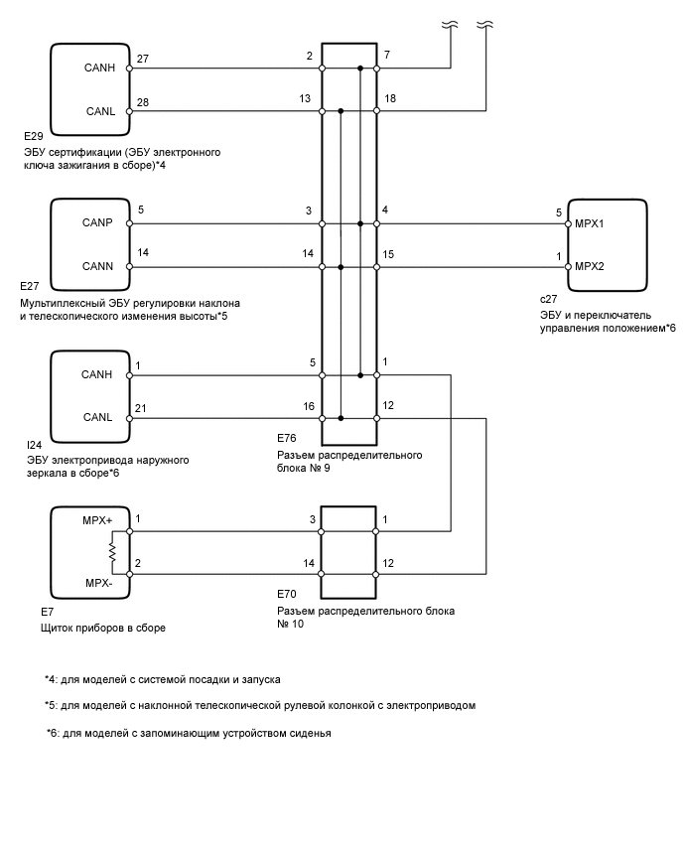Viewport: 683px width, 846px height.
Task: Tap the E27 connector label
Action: point(31,285)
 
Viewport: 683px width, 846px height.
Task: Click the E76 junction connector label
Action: point(288,438)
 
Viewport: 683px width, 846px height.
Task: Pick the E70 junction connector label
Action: point(288,594)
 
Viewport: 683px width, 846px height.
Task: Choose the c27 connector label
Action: point(548,297)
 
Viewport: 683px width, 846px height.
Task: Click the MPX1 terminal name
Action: point(591,223)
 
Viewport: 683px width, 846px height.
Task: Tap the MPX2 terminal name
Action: point(591,267)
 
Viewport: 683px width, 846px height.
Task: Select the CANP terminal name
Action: point(98,223)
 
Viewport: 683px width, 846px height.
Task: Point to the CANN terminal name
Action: point(98,267)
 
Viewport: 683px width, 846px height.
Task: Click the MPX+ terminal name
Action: point(98,519)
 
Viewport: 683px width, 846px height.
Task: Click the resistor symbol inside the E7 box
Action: point(115,551)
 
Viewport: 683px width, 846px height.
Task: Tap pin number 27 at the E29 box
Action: point(144,60)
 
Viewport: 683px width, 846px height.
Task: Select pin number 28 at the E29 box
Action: point(144,102)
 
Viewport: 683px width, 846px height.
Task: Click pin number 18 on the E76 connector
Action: point(389,100)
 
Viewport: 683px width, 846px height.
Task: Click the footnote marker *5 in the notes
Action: point(52,706)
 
